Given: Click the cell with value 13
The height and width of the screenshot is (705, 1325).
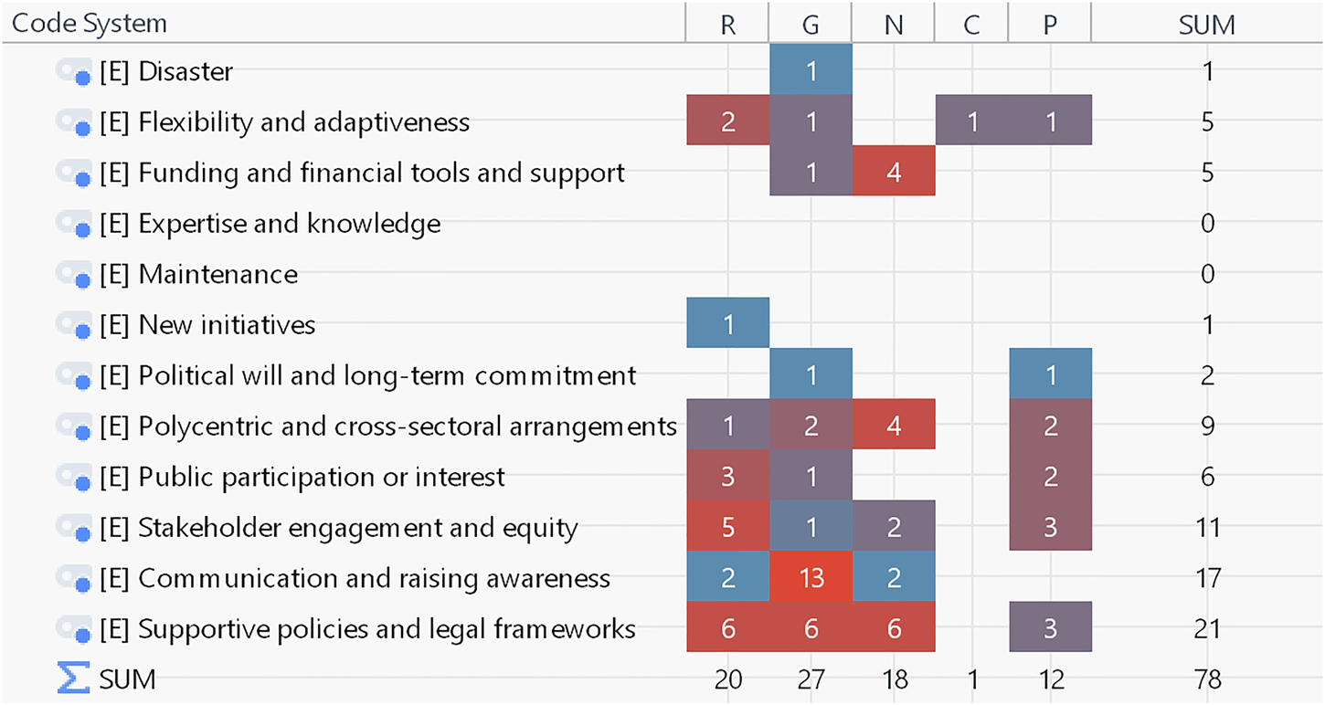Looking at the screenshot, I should tap(811, 578).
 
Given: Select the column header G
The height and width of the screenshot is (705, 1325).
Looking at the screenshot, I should tap(811, 24).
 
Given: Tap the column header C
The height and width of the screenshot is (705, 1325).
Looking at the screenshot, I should tap(971, 24).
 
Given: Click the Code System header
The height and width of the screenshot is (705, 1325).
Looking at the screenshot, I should tap(90, 24).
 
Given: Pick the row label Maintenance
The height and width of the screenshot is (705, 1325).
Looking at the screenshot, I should tap(217, 274).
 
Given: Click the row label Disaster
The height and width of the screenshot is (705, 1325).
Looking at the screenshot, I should tap(185, 71).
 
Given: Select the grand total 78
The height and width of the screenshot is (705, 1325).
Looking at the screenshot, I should tap(1207, 679).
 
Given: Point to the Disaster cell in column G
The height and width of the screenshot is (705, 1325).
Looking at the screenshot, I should tap(811, 71).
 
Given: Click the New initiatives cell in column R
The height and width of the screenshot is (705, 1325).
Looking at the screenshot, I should tap(728, 324).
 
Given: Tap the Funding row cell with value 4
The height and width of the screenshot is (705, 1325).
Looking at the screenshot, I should tap(894, 173).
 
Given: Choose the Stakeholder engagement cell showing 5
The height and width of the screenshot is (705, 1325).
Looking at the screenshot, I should tap(728, 527).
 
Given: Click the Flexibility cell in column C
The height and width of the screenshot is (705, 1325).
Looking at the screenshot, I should tap(971, 121).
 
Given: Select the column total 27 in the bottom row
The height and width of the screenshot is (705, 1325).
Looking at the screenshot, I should tap(811, 679).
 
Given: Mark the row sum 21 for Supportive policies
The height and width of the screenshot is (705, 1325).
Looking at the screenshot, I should tap(1207, 628).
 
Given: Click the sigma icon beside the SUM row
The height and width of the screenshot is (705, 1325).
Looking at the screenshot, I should tap(73, 679).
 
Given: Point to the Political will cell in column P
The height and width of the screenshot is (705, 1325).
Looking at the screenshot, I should tap(1050, 375).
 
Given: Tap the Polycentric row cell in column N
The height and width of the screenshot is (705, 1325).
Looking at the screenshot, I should tap(894, 426).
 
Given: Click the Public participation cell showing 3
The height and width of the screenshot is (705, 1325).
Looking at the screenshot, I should tap(728, 477).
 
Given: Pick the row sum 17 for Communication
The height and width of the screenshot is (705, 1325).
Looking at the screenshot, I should tap(1207, 578).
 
